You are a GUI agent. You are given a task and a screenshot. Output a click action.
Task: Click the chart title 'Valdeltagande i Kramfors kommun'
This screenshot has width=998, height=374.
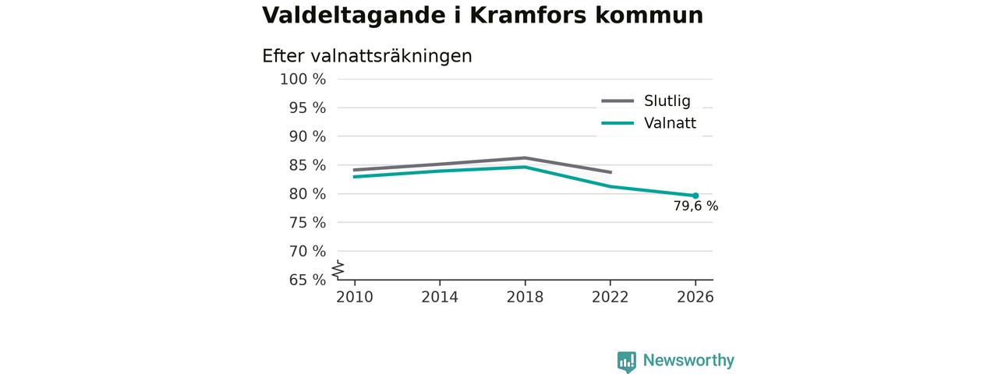[x=483, y=15]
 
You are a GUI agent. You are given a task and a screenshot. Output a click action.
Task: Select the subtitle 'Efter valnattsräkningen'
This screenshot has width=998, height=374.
[x=367, y=56]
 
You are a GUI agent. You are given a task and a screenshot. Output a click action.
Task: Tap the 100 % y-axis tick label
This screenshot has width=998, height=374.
[x=303, y=79]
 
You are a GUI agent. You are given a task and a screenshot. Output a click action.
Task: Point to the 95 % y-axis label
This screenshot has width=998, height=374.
[x=307, y=108]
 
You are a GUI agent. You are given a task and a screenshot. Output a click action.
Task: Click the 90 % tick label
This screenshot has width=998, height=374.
[x=307, y=136]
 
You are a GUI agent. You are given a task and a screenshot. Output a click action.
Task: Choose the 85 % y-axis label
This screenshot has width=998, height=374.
[x=307, y=165]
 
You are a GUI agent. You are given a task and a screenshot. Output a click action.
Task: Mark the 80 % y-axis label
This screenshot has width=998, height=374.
[x=307, y=194]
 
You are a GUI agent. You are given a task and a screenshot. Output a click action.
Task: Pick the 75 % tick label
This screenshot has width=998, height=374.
[x=307, y=223]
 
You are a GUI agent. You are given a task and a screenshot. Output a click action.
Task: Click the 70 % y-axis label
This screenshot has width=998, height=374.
[x=307, y=252]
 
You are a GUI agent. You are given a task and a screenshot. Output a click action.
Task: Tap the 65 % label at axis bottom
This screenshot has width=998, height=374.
[x=307, y=280]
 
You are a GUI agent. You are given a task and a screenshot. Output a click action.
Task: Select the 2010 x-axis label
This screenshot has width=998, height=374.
[x=355, y=297]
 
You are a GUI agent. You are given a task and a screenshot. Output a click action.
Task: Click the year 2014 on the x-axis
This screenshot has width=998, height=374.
[x=440, y=297]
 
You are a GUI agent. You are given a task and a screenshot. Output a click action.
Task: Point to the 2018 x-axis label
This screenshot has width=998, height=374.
[x=525, y=297]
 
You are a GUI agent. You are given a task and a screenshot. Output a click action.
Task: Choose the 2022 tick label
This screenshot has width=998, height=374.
[x=610, y=297]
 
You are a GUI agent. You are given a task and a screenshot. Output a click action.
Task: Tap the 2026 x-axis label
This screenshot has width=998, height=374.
[x=695, y=297]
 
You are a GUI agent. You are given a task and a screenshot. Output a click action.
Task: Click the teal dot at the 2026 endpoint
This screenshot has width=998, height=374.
[x=695, y=196]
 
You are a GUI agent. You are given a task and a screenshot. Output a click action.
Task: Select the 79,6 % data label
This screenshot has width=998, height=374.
[x=695, y=206]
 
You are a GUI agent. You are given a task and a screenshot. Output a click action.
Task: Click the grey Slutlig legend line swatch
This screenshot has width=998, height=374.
[x=618, y=101]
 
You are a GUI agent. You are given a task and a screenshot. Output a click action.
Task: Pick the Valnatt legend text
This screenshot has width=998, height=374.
[x=670, y=123]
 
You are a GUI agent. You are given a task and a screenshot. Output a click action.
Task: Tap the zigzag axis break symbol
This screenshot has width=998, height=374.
[x=338, y=270]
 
